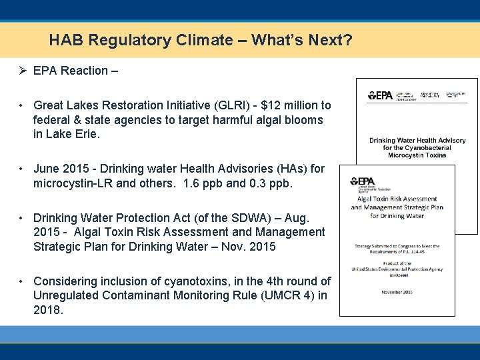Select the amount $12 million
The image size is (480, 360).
[x=291, y=105]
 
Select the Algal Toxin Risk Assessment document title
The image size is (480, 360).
[x=397, y=207]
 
